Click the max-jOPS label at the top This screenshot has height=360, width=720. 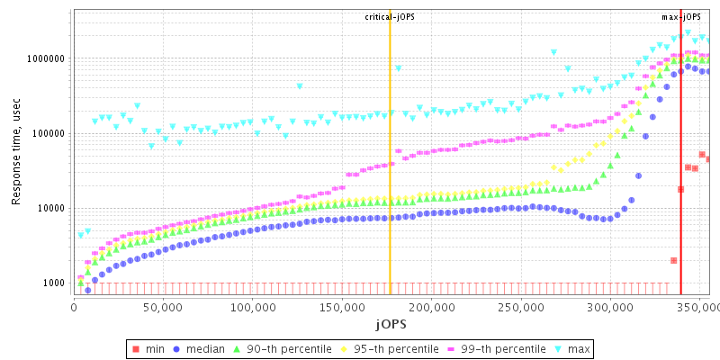pyautogui.click(x=681, y=17)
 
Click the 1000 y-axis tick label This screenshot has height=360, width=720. pyautogui.click(x=53, y=283)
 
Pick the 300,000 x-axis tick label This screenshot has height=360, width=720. pyautogui.click(x=609, y=307)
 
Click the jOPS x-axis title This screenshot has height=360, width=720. pyautogui.click(x=391, y=323)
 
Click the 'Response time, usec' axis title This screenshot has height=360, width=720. pyautogui.click(x=15, y=152)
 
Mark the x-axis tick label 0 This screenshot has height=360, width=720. pyautogui.click(x=74, y=307)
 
